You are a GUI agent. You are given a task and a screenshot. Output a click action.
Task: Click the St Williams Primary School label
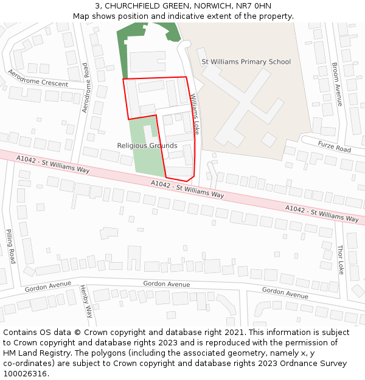click(246, 62)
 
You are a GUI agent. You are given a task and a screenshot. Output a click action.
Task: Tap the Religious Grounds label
click(147, 146)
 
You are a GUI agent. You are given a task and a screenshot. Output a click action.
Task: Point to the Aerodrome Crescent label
click(38, 78)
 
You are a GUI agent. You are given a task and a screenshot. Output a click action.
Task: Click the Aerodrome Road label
click(85, 88)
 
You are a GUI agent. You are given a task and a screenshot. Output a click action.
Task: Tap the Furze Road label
click(334, 146)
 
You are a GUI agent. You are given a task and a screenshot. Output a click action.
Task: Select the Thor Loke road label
click(340, 260)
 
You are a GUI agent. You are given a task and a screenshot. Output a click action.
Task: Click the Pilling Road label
click(10, 246)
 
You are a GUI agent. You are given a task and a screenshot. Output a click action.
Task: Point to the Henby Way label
click(86, 302)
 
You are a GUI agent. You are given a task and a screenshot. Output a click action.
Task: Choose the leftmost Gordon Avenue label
click(48, 286)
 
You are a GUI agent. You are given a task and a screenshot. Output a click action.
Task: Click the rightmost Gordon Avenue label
click(285, 292)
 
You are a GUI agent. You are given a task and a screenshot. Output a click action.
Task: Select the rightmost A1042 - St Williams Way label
click(322, 213)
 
